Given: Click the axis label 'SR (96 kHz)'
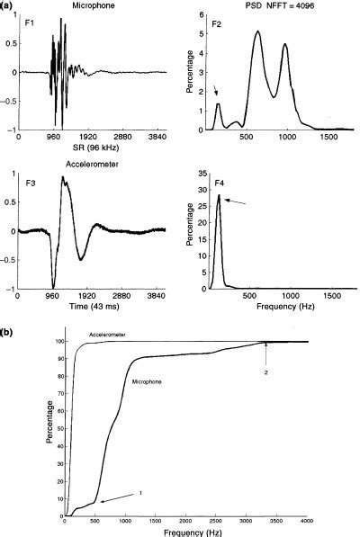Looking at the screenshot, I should click(84, 145).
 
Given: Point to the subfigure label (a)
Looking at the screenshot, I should click(8, 5).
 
